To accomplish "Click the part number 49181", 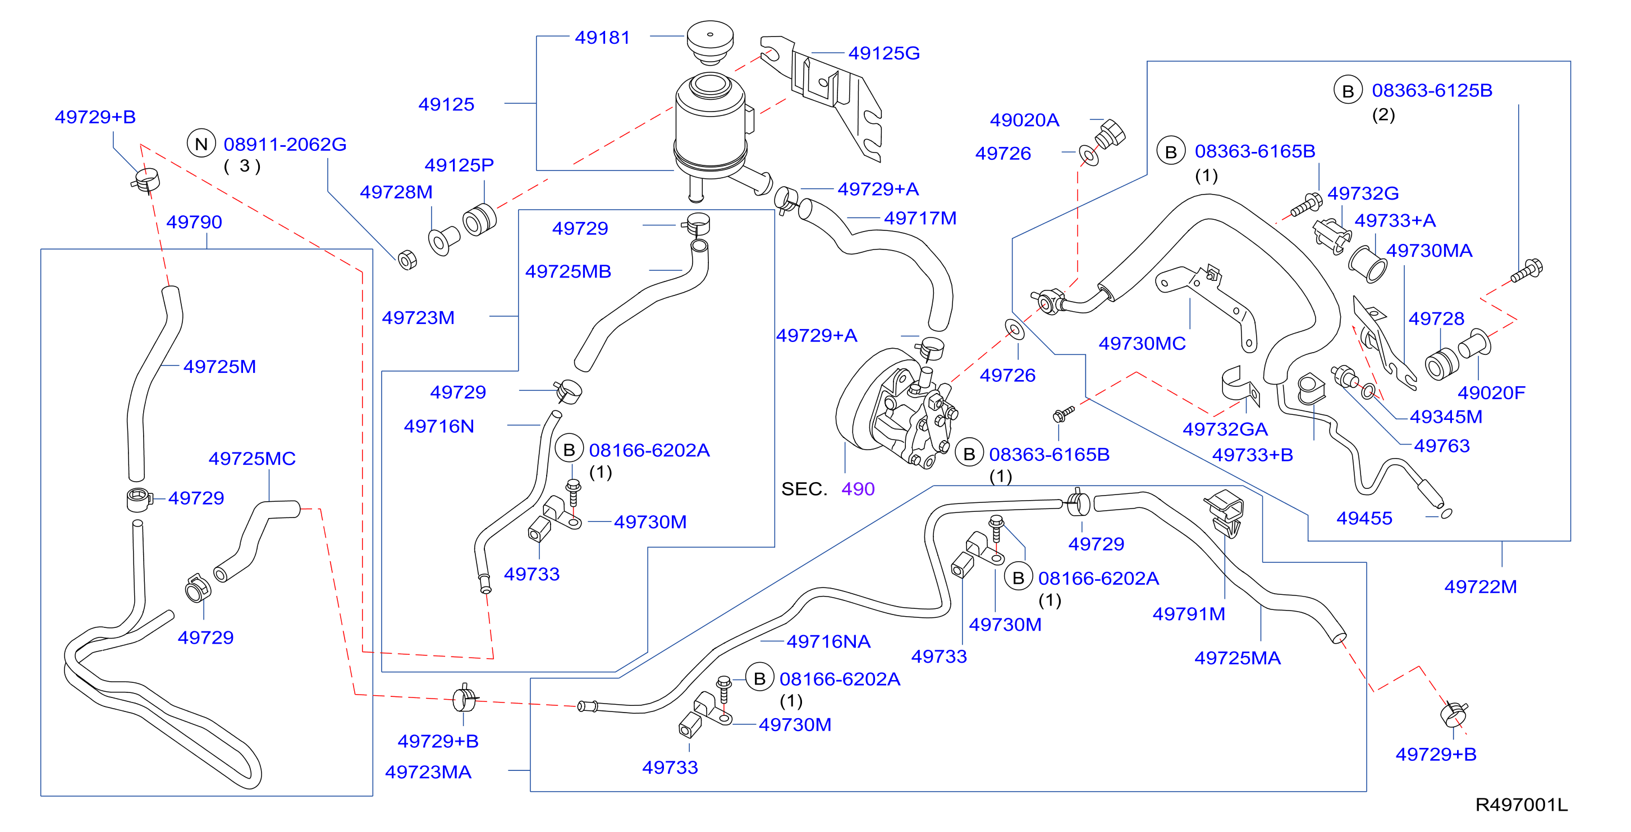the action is coord(602,38).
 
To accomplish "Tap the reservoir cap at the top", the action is coord(710,41).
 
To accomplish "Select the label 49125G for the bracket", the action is coord(884,53).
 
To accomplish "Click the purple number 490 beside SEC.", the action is coord(858,488).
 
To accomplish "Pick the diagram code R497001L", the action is coord(1522,804).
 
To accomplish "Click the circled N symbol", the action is coord(201,144).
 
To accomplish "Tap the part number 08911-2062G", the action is coord(285,144).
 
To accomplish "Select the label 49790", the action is coord(194,222).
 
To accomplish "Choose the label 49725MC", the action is coord(252,458).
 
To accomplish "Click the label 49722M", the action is coord(1481,586).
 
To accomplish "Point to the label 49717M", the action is coord(920,218).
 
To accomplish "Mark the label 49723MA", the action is coord(428,772).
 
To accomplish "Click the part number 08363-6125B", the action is coord(1432,90).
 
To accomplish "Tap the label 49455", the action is coord(1364,518).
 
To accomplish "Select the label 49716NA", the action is coord(828,641).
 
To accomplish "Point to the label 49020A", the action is coord(1024,119).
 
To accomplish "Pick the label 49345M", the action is coord(1446,417).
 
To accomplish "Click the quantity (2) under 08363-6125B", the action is coord(1383,114).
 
